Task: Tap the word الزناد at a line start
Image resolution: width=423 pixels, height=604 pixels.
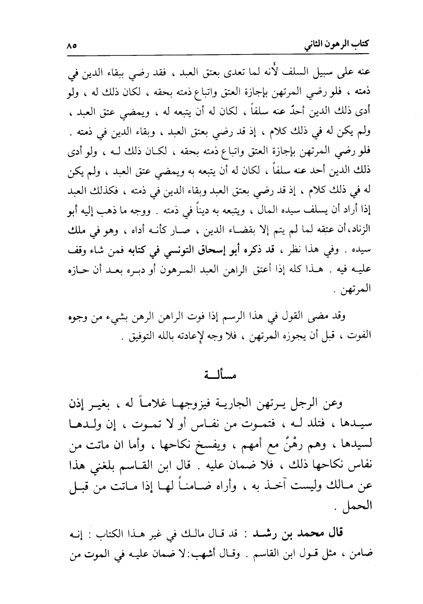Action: (x=360, y=231)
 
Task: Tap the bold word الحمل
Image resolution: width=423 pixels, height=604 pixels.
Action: (x=360, y=505)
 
